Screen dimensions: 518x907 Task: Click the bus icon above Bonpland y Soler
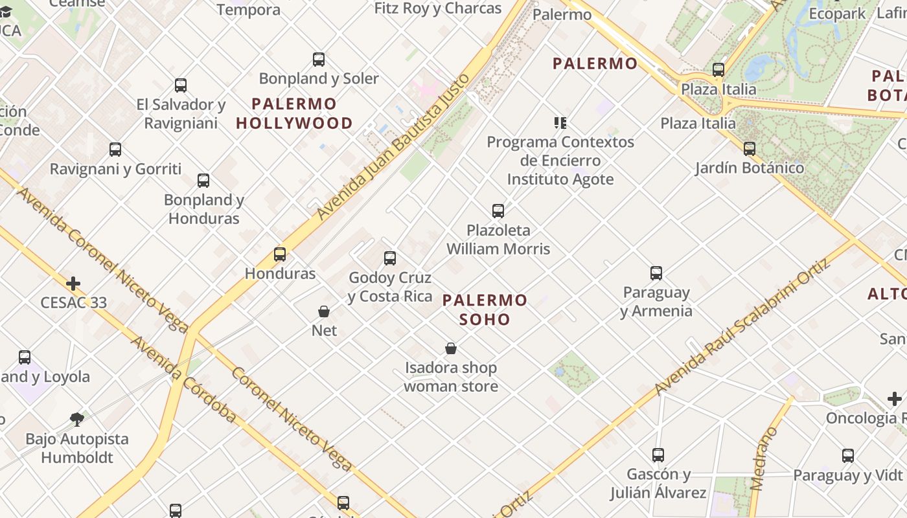(319, 60)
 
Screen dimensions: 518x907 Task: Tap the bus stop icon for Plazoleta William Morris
(498, 210)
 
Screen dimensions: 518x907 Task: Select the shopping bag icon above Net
(324, 311)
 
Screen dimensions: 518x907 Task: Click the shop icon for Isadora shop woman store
(451, 349)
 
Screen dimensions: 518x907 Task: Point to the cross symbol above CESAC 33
(73, 284)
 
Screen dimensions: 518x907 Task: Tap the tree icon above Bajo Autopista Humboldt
(77, 419)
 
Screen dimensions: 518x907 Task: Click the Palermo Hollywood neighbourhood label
(294, 113)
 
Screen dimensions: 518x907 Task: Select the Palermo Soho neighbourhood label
(485, 310)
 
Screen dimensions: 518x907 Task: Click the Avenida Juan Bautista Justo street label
(392, 148)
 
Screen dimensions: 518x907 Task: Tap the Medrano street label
(764, 458)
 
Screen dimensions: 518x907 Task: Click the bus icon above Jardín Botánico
(750, 148)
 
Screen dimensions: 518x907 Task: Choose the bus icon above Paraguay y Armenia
(656, 273)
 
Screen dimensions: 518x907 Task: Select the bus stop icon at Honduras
(280, 254)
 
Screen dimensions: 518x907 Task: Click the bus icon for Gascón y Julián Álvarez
(658, 455)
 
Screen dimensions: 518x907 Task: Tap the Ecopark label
(836, 13)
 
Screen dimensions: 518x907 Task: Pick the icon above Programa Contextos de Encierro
(560, 122)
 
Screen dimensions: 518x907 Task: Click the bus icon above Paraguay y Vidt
(848, 456)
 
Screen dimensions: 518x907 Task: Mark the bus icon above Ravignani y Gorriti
(115, 150)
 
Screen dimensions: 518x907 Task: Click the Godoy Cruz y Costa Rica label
(390, 287)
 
